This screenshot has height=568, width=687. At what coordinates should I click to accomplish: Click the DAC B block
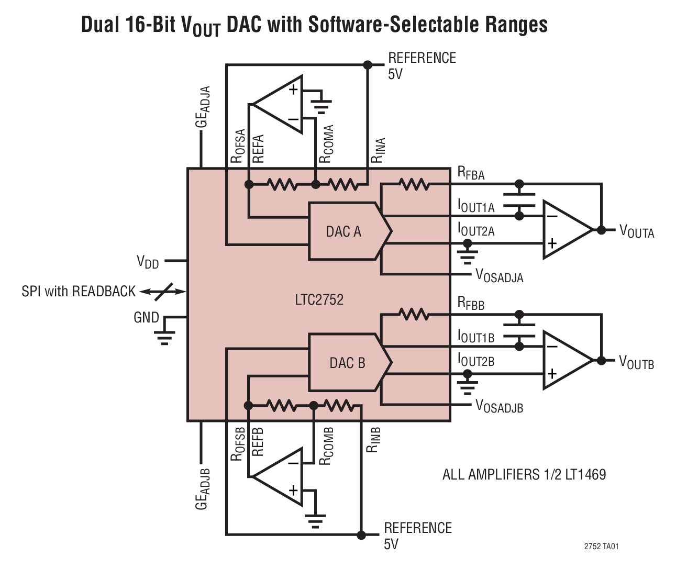coord(347,362)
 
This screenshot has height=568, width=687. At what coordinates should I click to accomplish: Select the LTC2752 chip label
coord(319,299)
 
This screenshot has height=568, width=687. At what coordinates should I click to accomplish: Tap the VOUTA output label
coord(636,231)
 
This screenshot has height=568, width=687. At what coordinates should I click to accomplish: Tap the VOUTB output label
coord(636,362)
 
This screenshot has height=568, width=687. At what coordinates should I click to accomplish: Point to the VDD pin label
coord(148,261)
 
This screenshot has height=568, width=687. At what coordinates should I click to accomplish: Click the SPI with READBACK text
coord(79,291)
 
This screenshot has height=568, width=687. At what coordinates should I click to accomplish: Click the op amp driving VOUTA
coord(566,229)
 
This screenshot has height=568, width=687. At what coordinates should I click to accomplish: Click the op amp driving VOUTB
coord(566,360)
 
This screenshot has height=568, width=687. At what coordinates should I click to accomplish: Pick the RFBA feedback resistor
coord(414,184)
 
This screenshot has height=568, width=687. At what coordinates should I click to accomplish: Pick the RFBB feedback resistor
coord(414,315)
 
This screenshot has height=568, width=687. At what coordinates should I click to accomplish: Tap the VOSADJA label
coord(499,276)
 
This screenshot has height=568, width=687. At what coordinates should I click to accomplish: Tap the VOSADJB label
coord(499,406)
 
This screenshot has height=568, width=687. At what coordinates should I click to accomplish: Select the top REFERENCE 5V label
coord(422,65)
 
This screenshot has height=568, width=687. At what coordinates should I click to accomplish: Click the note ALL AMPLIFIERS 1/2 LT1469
coord(524,474)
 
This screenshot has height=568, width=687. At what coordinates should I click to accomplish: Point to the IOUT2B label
coord(475,361)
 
